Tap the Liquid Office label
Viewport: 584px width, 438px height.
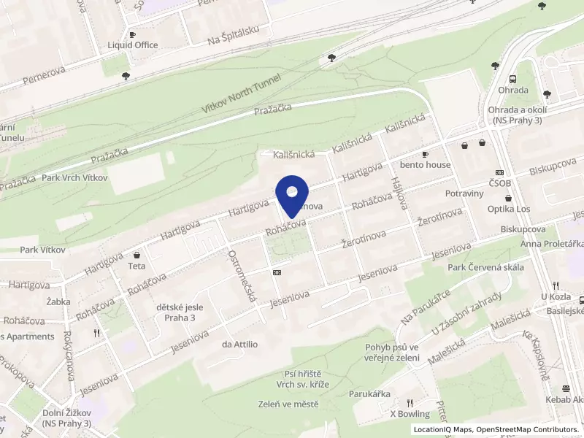132,45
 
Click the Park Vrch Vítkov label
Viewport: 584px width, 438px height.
74,177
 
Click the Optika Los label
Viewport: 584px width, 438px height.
508,209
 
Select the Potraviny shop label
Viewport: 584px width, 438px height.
464,193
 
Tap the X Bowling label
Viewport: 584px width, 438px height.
410,414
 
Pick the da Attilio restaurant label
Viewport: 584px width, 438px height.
240,344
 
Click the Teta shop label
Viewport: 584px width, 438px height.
137,266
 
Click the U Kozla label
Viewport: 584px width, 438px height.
554,296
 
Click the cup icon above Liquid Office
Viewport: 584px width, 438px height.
132,34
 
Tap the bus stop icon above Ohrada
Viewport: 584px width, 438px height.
513,79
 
